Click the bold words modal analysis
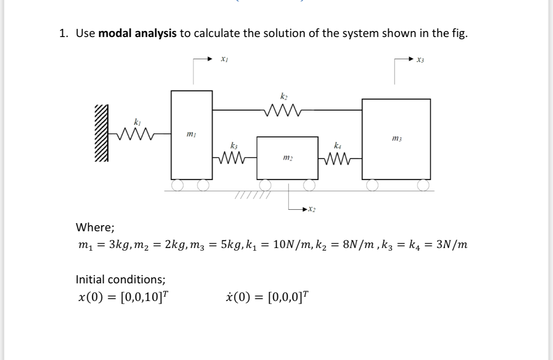click(x=137, y=34)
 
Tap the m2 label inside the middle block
click(x=287, y=159)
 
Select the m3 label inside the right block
click(x=396, y=138)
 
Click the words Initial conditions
click(x=120, y=279)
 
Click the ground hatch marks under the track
click(x=252, y=196)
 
